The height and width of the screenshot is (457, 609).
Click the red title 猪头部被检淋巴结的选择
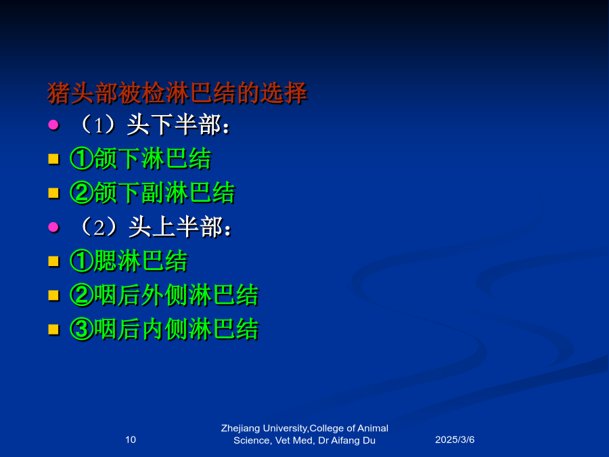coord(177,93)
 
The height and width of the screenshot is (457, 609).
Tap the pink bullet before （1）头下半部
coord(53,125)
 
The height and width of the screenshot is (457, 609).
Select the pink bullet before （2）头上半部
coord(53,227)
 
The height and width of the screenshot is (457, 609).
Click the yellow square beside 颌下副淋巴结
coord(53,193)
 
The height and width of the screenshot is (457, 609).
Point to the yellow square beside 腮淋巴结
coord(53,261)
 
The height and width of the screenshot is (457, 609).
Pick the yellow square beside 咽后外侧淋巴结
coord(53,295)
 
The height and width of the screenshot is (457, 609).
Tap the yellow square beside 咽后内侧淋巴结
coord(53,330)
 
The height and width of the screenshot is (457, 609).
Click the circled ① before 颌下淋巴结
coord(82,158)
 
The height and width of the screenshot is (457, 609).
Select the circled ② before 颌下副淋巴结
coord(82,193)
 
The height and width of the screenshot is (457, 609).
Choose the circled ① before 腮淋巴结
coord(82,261)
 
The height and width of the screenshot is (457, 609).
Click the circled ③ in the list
coord(82,330)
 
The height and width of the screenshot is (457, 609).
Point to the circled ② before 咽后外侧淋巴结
coord(82,295)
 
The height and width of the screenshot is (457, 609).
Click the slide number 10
coord(131,439)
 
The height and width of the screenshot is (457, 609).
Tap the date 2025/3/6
coord(455,439)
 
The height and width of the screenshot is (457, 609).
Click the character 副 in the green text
coord(153,193)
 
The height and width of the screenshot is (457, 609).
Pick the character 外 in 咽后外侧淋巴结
coord(153,295)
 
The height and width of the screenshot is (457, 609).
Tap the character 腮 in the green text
coord(106,261)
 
